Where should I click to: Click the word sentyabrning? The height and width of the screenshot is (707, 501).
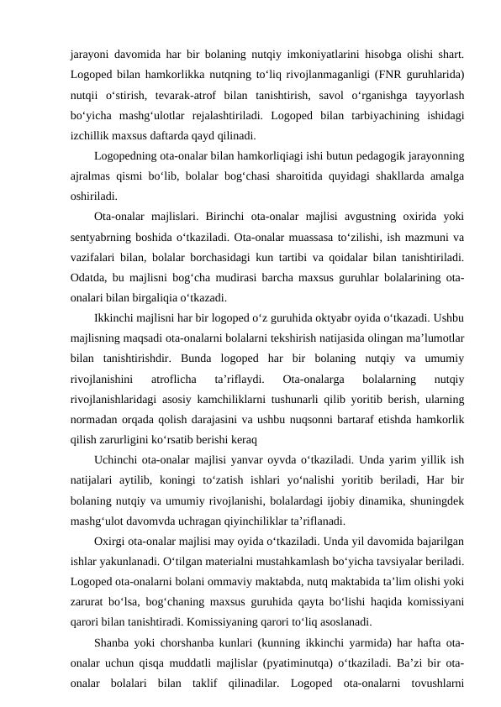point(103,237)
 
